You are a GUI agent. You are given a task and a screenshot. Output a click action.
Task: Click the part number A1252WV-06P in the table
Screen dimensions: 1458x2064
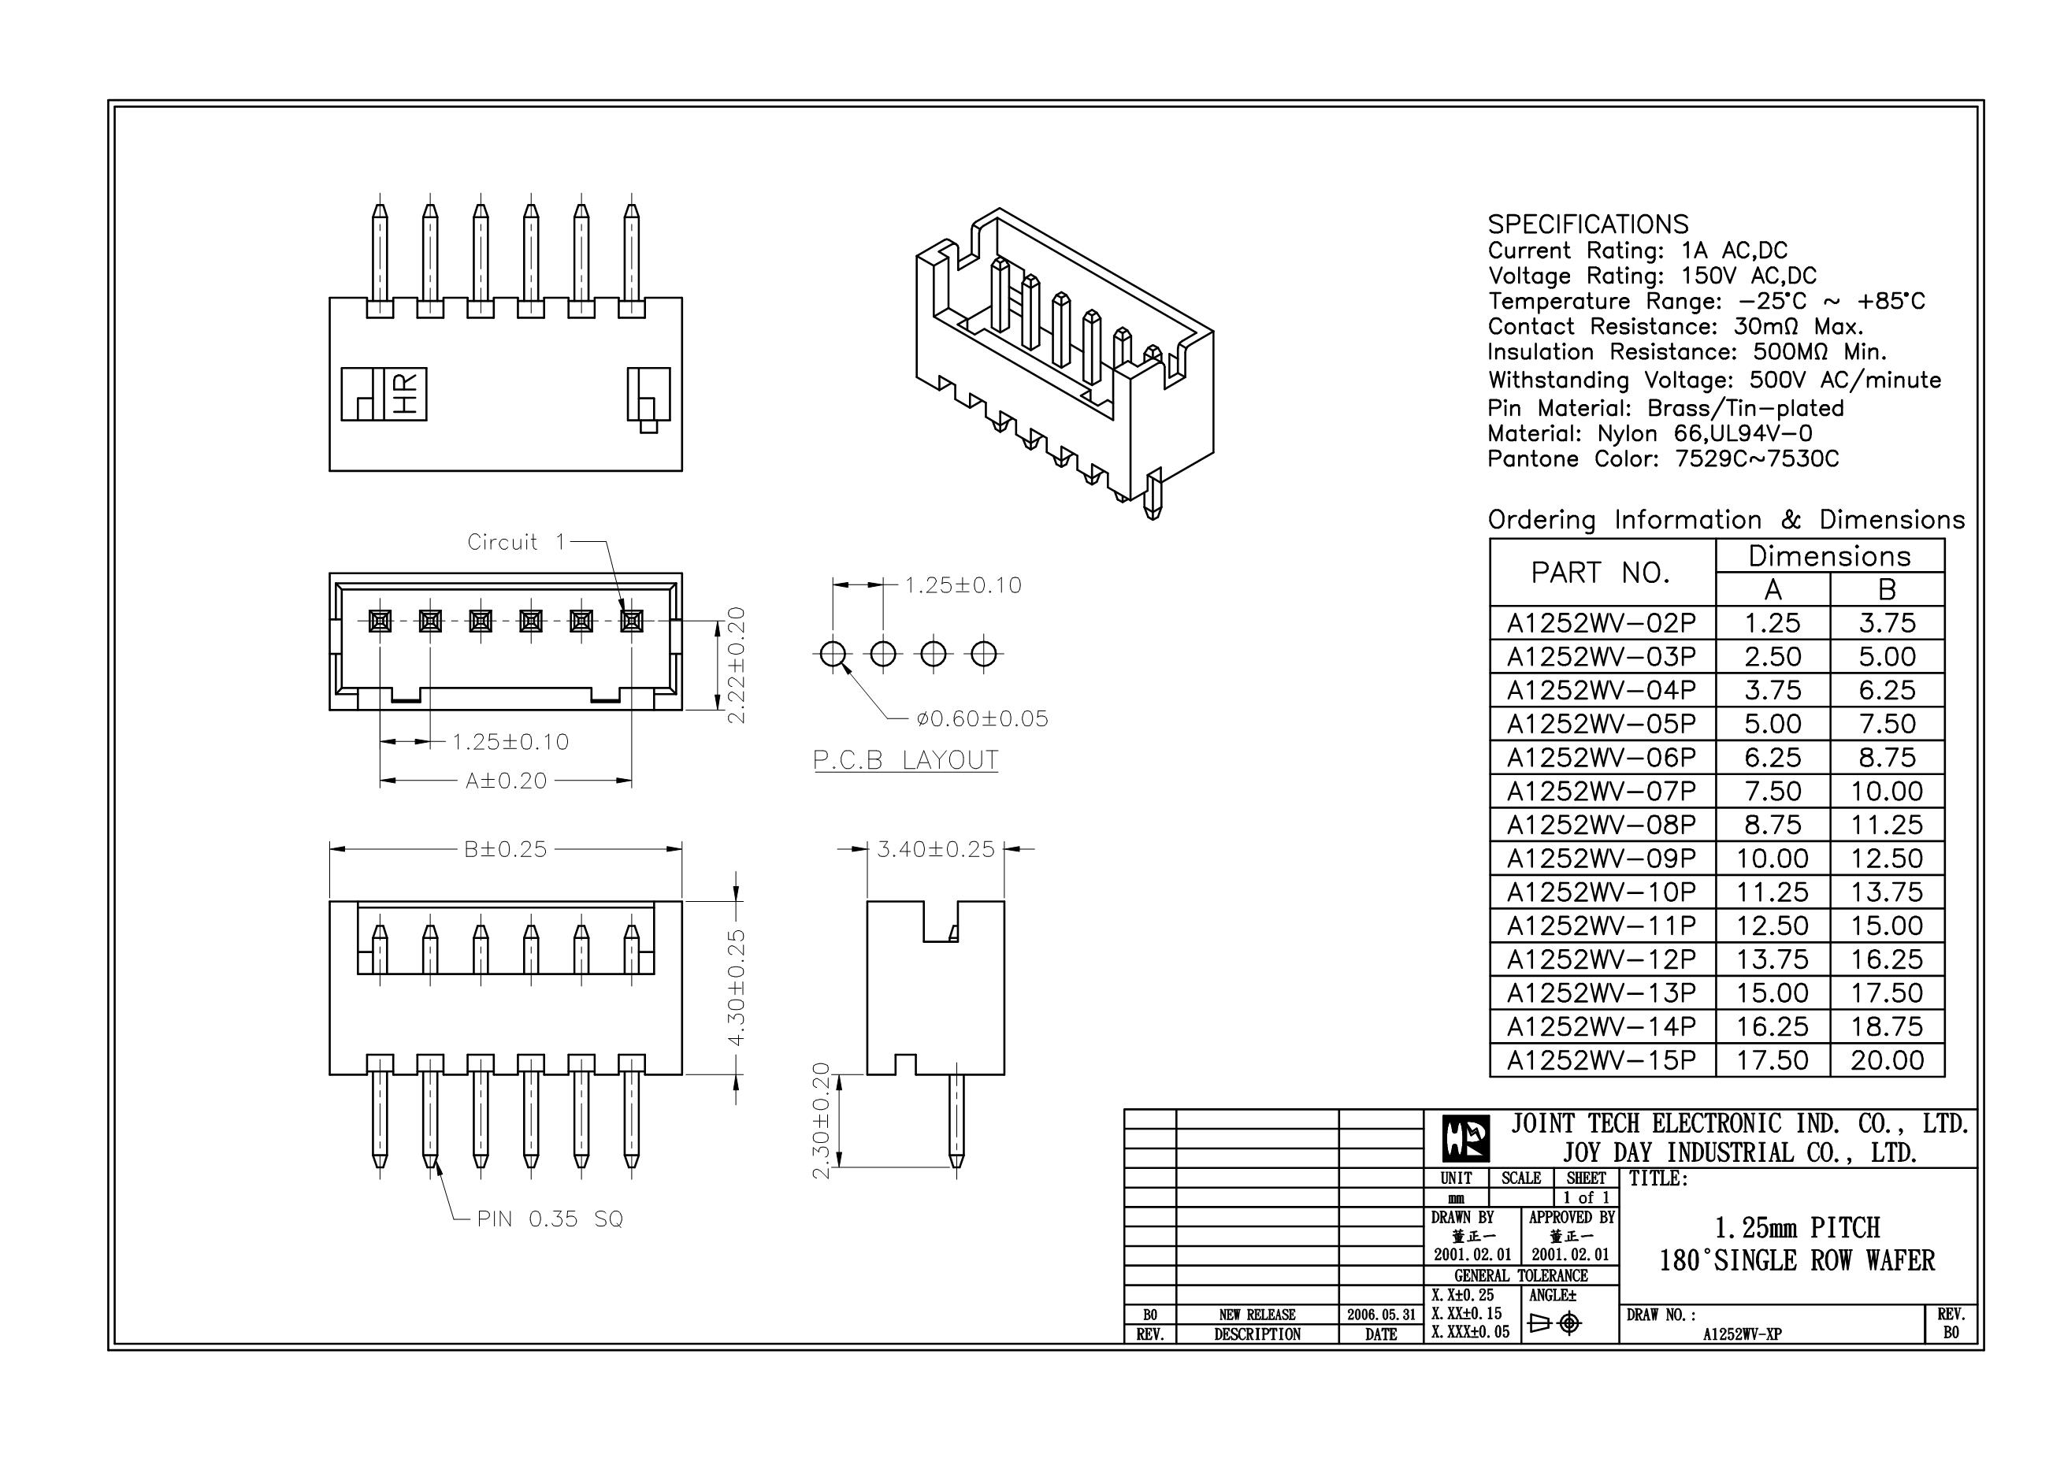tap(1601, 758)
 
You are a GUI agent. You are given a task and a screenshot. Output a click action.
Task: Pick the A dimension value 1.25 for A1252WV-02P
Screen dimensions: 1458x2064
tap(1772, 623)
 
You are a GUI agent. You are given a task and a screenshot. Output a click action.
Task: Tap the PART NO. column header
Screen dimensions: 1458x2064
tap(1601, 573)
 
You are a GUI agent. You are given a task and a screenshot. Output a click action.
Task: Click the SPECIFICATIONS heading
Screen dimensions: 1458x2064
tap(1587, 224)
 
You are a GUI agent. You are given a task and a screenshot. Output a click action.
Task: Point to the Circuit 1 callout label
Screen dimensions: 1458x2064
tap(516, 542)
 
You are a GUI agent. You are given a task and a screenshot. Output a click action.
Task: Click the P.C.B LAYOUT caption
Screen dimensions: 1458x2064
tap(905, 760)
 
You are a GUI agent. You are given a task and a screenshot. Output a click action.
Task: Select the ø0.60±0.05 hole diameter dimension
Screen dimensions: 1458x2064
tap(982, 718)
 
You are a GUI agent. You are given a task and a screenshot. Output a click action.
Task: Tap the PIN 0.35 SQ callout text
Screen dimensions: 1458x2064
tap(549, 1219)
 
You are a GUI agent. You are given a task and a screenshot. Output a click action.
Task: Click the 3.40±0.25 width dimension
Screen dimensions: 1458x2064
tap(936, 848)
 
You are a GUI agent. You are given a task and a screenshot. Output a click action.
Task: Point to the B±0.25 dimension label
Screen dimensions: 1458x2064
tap(505, 848)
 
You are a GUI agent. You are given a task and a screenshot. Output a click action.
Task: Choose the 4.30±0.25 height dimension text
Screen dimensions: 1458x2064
tap(737, 988)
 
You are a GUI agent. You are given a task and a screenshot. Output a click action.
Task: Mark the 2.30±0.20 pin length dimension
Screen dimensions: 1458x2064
tap(821, 1121)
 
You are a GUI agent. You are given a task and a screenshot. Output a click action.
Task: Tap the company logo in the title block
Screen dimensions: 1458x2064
tap(1466, 1139)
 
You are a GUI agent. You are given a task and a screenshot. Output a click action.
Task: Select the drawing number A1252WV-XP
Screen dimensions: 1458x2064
tap(1741, 1334)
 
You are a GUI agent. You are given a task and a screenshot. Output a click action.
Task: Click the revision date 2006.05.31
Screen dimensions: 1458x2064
tap(1380, 1314)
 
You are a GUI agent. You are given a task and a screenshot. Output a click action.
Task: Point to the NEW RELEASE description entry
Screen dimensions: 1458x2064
tap(1257, 1314)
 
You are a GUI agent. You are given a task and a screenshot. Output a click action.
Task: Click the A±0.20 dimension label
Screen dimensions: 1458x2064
tap(505, 781)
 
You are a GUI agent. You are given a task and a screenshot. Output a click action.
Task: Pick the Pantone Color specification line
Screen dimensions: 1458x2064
tap(1663, 459)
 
